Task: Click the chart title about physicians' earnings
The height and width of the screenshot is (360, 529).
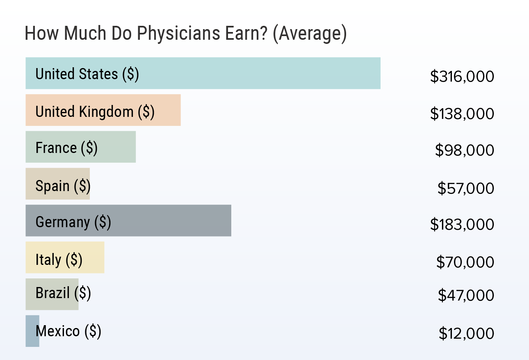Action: [186, 34]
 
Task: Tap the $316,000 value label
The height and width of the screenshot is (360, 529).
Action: [462, 77]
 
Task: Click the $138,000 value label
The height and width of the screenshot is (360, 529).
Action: [462, 114]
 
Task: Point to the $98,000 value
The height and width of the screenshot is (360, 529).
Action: [465, 150]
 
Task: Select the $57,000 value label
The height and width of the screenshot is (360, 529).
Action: [466, 188]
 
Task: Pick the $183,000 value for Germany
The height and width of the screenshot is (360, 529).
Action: [462, 225]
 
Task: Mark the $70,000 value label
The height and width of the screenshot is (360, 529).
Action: [465, 262]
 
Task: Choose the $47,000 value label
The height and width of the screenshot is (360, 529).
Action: [466, 295]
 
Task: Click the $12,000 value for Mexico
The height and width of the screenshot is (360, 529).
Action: [466, 333]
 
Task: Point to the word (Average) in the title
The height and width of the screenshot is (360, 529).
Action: [310, 34]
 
